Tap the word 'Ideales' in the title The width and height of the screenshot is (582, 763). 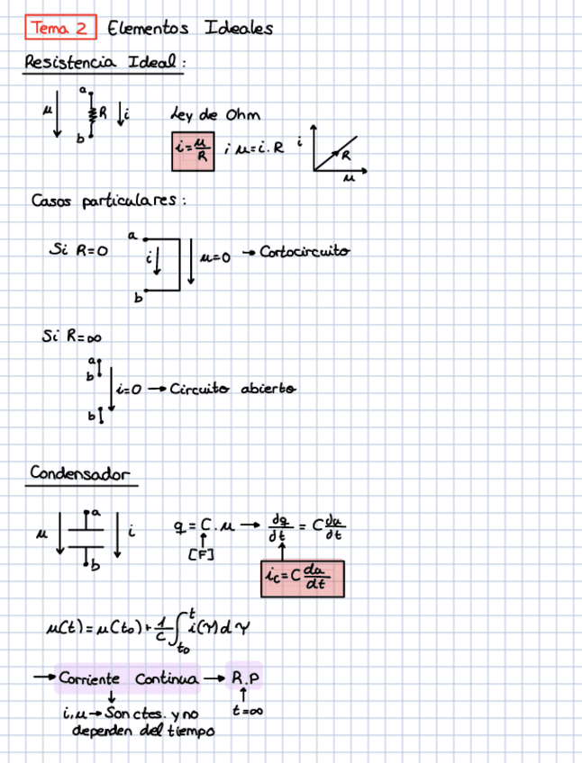(x=239, y=28)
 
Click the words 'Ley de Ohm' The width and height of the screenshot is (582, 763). (x=215, y=114)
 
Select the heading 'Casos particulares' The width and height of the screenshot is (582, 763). (x=108, y=200)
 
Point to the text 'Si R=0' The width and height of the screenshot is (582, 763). (x=78, y=252)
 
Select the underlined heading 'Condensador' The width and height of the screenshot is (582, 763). (x=81, y=473)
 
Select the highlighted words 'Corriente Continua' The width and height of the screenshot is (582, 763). (x=127, y=679)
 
